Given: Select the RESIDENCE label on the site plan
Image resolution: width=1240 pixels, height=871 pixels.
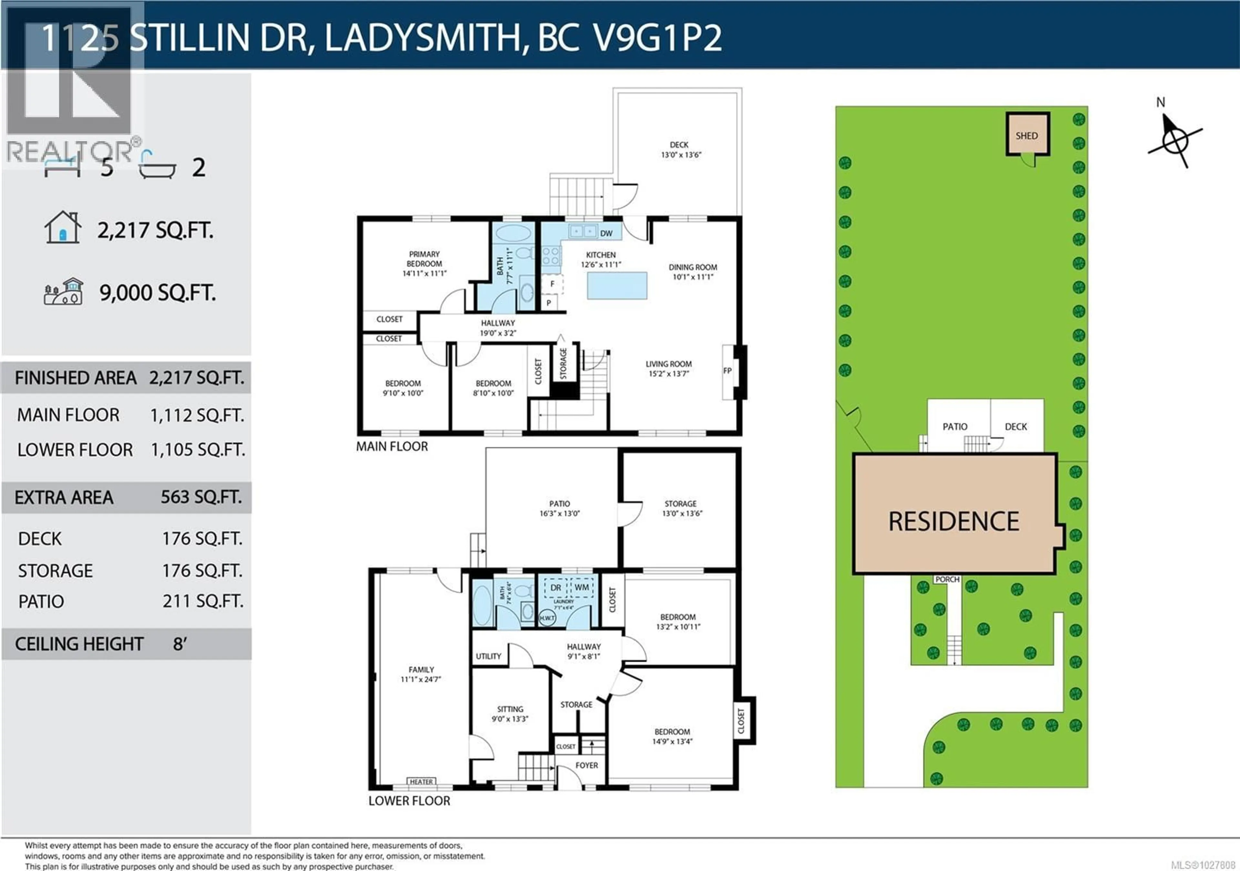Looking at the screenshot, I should coord(954,521).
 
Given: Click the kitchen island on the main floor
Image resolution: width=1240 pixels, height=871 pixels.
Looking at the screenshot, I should coord(617,286).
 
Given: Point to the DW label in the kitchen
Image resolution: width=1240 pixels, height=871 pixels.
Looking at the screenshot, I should coord(606,233).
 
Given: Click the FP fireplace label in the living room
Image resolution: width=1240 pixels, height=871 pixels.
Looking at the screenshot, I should coord(728,370).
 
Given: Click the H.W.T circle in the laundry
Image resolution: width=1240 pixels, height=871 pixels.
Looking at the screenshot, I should coord(547,618).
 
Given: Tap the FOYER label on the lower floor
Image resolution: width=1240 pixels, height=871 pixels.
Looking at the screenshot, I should coord(586,765).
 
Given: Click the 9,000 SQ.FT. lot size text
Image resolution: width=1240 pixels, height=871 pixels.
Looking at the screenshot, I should coord(157,293).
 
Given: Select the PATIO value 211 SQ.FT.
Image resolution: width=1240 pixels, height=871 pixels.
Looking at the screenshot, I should coord(202,601).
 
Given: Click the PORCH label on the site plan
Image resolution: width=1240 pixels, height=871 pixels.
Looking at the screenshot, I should coord(947,579).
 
